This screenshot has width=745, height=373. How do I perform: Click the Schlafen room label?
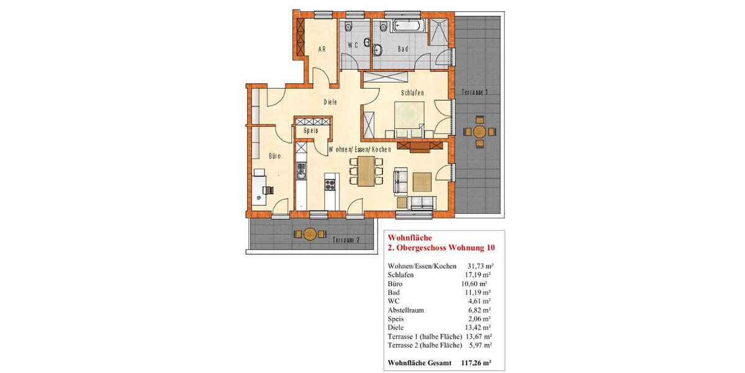point(412,93)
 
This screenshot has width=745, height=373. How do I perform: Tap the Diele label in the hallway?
point(330,102)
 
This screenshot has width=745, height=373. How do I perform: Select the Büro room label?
point(274,157)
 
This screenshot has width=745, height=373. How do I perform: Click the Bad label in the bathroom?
point(403,48)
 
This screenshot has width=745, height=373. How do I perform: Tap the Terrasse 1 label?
point(474,92)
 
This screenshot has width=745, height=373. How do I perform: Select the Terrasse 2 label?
point(346,240)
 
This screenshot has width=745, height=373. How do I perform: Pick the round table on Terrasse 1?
point(480,132)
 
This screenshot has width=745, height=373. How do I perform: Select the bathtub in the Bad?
point(409,26)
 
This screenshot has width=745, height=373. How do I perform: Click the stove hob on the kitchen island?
point(330,184)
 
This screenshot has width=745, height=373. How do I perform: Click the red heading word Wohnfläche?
point(406,237)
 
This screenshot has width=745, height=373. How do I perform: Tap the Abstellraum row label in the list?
point(404,309)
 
